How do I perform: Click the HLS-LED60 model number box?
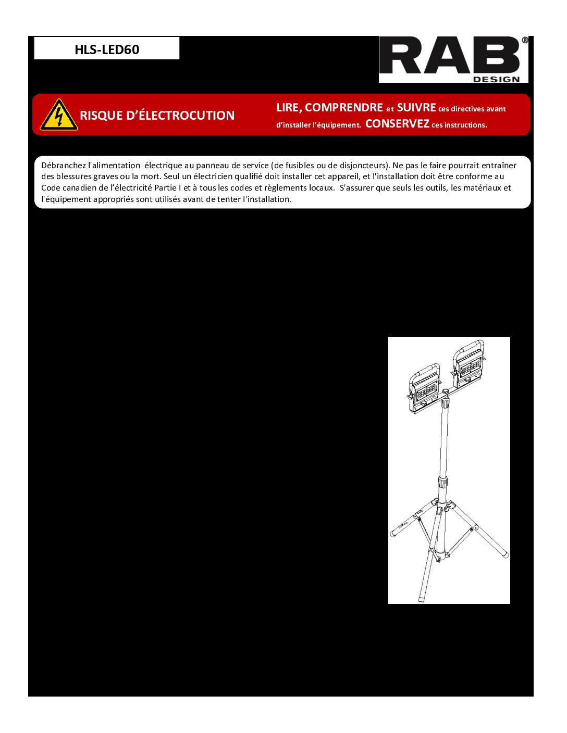coord(107,49)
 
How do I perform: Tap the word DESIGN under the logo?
coord(496,79)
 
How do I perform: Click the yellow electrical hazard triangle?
coord(59,115)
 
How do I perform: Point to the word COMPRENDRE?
coord(344,108)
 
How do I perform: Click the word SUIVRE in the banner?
coord(416,108)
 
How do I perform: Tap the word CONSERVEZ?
coord(397,124)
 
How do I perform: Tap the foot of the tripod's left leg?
coord(394,533)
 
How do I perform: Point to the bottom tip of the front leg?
coord(422,599)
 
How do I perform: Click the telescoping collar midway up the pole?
coord(443,482)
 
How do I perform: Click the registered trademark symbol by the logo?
coord(525,40)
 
